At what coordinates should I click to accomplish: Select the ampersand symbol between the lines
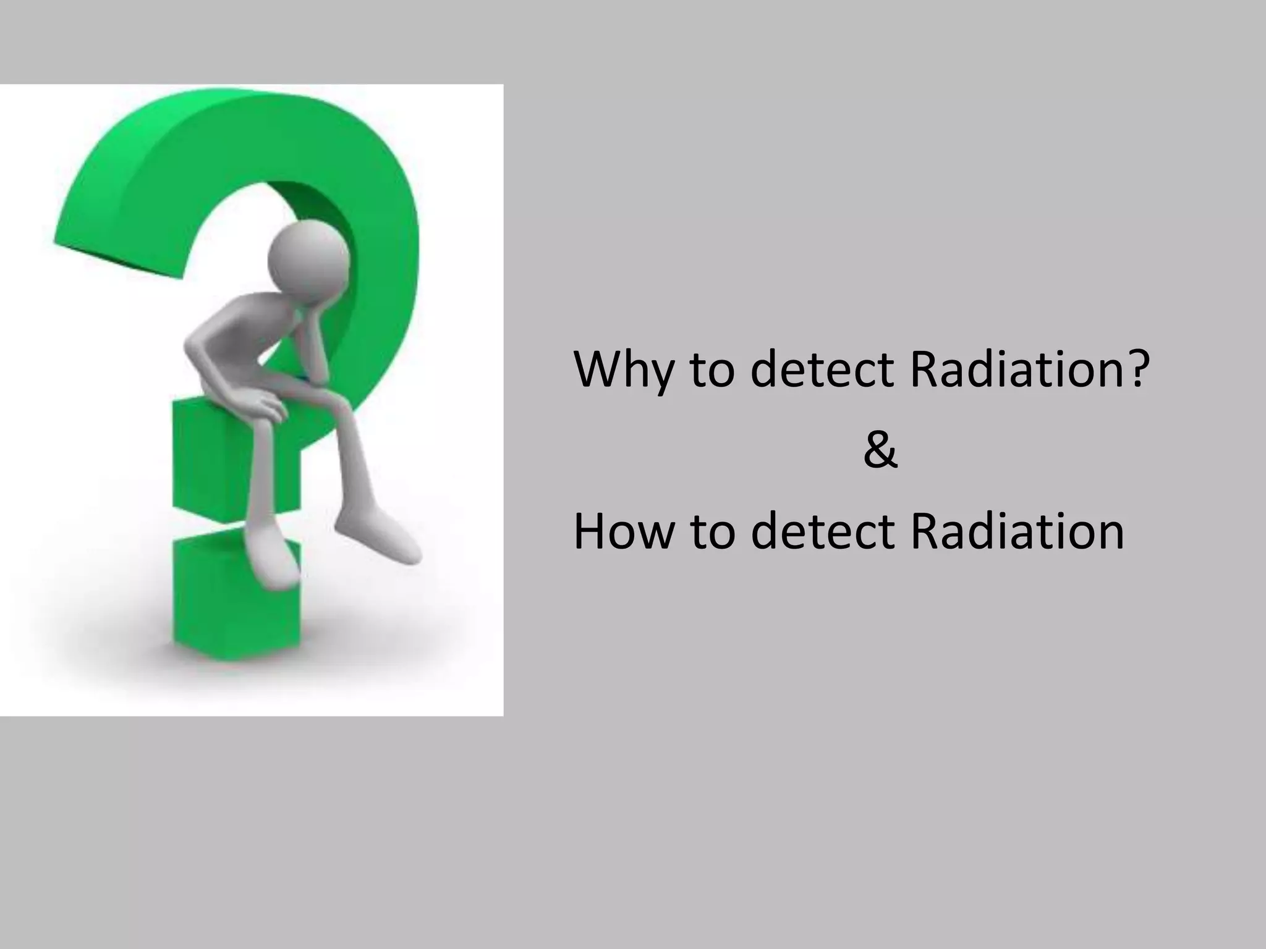click(880, 451)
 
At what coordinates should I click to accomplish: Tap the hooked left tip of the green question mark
click(117, 247)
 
